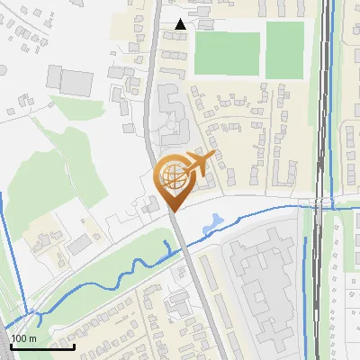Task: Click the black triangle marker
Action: tap(182, 24)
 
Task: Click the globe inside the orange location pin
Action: tap(172, 176)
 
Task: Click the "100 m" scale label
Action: tap(23, 337)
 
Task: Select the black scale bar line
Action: tap(42, 346)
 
